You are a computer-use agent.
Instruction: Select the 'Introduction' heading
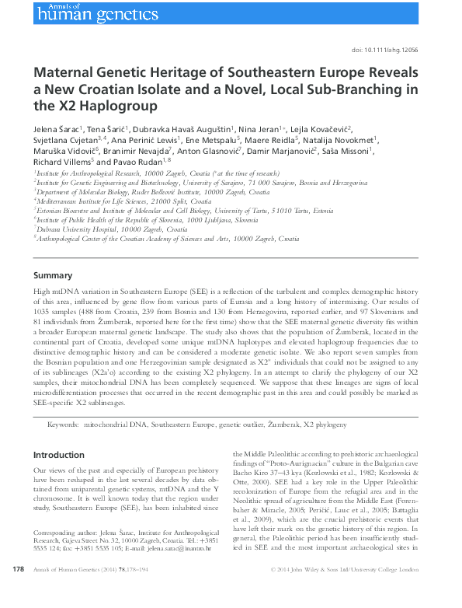[x=59, y=454]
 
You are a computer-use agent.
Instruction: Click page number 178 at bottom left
[x=19, y=592]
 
